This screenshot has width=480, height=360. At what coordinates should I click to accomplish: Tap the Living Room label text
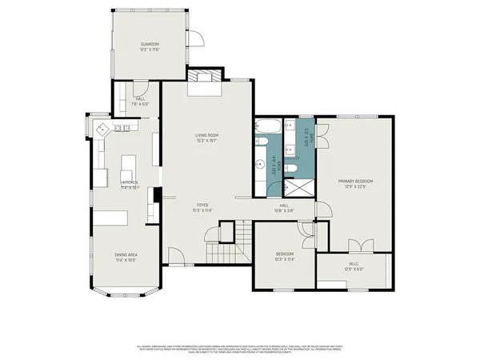coord(207,135)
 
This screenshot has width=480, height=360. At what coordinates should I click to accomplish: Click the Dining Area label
coord(126,255)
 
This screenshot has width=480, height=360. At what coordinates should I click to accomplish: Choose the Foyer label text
coord(204,205)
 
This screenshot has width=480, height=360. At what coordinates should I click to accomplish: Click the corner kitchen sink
coord(102,129)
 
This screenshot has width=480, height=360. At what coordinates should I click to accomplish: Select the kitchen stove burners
coord(124,128)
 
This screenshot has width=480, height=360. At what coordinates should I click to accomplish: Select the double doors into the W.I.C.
coord(361,244)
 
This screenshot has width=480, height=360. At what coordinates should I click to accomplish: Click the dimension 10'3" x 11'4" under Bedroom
coord(285,259)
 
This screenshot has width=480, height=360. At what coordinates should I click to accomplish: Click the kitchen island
coord(127,170)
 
